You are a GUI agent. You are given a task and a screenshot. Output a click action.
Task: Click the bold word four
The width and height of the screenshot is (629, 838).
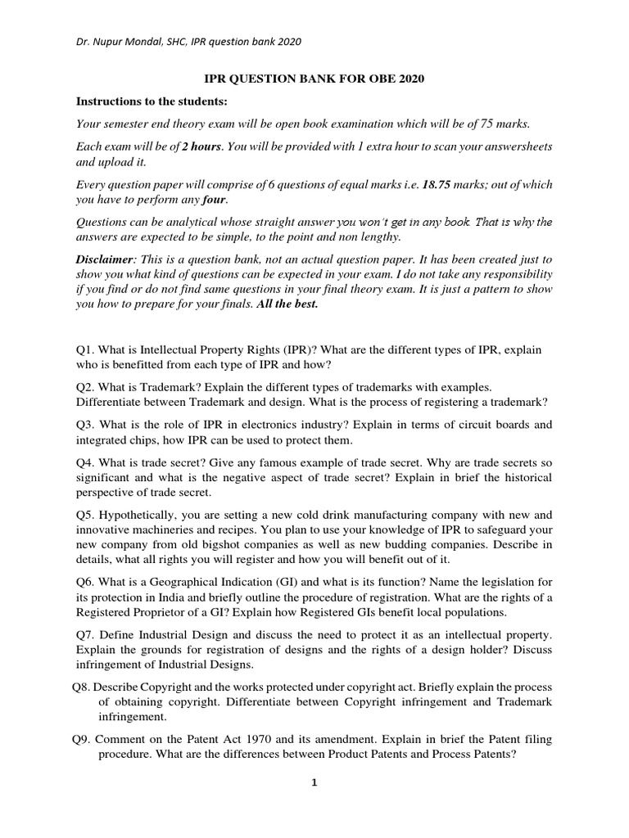point(215,199)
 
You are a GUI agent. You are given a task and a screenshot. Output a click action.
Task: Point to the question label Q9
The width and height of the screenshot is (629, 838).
point(81,739)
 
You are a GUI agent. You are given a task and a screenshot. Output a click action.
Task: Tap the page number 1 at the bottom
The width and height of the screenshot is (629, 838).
point(314,782)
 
